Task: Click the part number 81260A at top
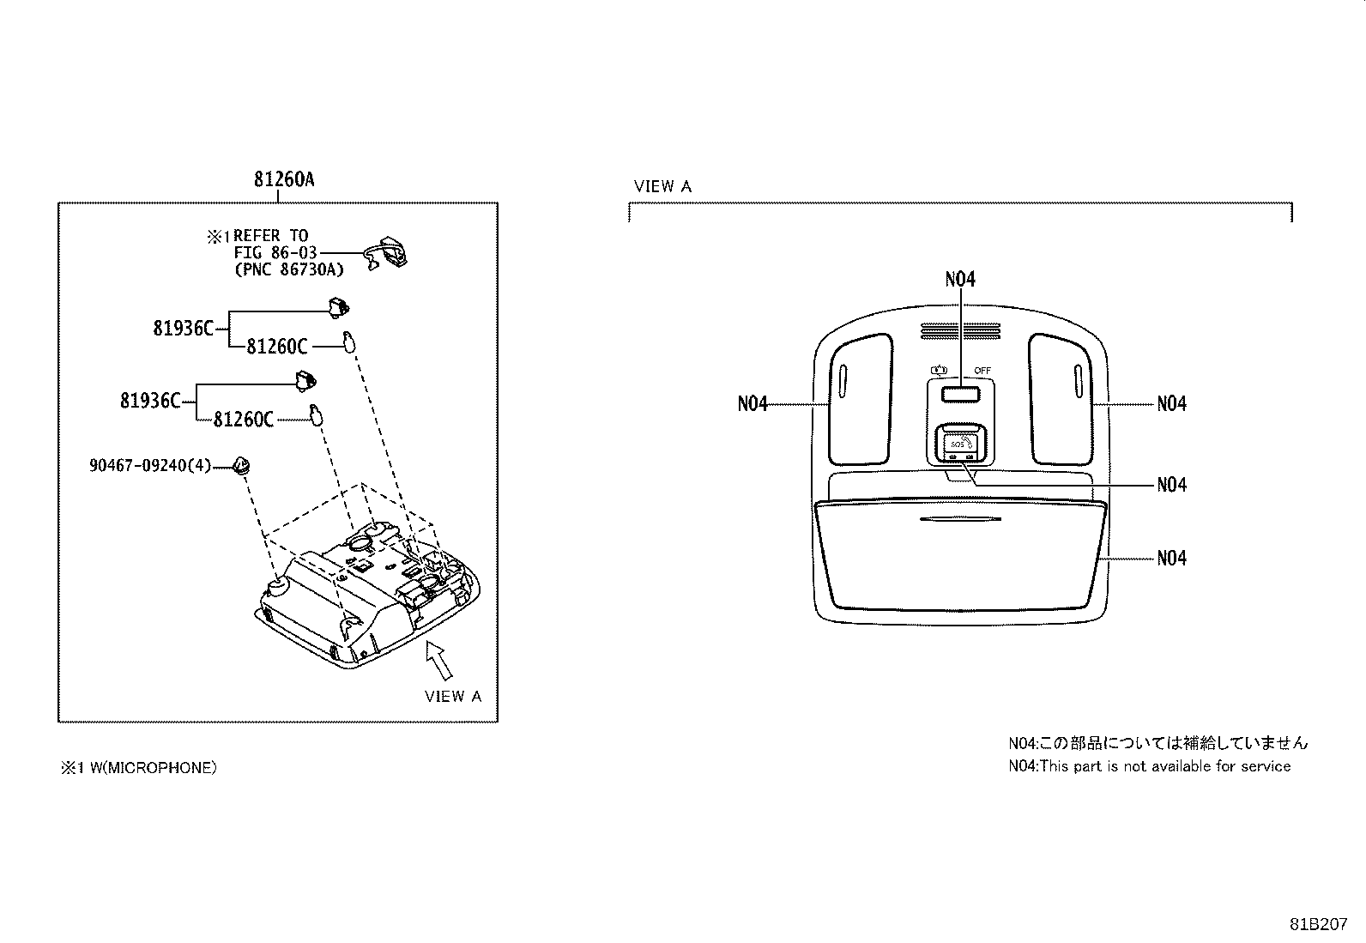pyautogui.click(x=283, y=179)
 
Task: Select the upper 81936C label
pyautogui.click(x=183, y=329)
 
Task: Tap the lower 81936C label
pyautogui.click(x=150, y=401)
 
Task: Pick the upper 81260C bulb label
pyautogui.click(x=277, y=347)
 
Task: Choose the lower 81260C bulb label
pyautogui.click(x=244, y=420)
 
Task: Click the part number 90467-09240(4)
pyautogui.click(x=150, y=466)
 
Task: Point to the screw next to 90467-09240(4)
pyautogui.click(x=242, y=466)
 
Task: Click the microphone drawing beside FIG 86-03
pyautogui.click(x=386, y=252)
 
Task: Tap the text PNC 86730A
pyautogui.click(x=289, y=269)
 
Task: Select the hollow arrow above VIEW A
pyautogui.click(x=439, y=659)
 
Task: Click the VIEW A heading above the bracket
pyautogui.click(x=662, y=187)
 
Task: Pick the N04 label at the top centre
pyautogui.click(x=960, y=280)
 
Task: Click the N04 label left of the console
pyautogui.click(x=752, y=404)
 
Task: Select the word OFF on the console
pyautogui.click(x=982, y=370)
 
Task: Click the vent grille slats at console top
pyautogui.click(x=960, y=331)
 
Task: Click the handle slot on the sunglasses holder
pyautogui.click(x=960, y=519)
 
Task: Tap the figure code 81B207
pyautogui.click(x=1318, y=924)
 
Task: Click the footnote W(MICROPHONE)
pyautogui.click(x=153, y=767)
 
